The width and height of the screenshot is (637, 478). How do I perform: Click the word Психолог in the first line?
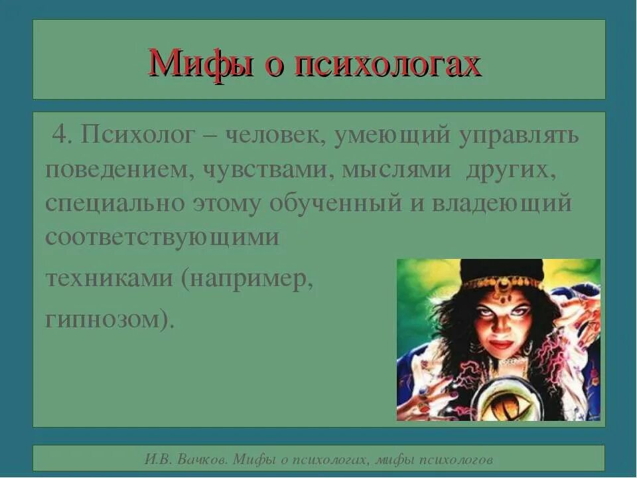pos(135,136)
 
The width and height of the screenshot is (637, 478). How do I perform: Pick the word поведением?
pos(114,169)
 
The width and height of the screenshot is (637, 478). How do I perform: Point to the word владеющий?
pos(501,203)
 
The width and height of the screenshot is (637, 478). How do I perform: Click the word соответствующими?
pos(163,237)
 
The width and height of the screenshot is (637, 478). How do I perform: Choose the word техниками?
pos(107,279)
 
